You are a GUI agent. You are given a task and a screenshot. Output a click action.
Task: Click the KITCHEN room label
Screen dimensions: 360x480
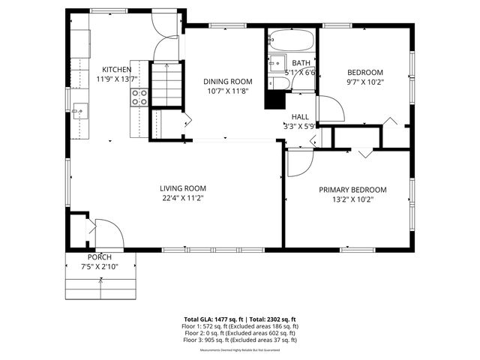click(x=116, y=69)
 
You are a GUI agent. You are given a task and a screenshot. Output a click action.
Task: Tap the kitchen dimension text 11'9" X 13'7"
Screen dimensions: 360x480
click(x=116, y=78)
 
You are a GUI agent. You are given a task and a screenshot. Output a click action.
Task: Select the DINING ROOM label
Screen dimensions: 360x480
click(x=227, y=81)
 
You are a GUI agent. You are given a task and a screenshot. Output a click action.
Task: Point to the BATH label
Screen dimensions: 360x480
click(x=301, y=63)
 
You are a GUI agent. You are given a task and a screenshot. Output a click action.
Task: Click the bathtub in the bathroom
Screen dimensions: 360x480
click(x=292, y=39)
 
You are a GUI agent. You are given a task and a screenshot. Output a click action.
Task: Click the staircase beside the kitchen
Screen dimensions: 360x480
click(x=167, y=83)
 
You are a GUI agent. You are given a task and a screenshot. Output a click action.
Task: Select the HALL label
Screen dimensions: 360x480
click(x=300, y=117)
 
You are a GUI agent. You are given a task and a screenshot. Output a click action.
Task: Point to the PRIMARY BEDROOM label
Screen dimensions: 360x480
click(x=352, y=190)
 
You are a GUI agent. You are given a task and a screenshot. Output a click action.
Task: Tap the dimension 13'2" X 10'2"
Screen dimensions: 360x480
click(x=352, y=199)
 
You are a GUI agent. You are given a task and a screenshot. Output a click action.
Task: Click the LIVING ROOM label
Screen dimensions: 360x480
click(x=182, y=188)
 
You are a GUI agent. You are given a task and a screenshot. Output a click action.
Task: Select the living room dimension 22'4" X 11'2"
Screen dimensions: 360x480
click(x=182, y=198)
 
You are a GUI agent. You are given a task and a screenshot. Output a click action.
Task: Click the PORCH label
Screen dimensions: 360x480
click(x=99, y=257)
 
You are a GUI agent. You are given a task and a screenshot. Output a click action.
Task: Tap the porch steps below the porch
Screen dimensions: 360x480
click(x=100, y=286)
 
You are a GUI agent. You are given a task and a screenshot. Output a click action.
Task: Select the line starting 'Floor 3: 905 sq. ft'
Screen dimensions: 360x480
click(x=240, y=340)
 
